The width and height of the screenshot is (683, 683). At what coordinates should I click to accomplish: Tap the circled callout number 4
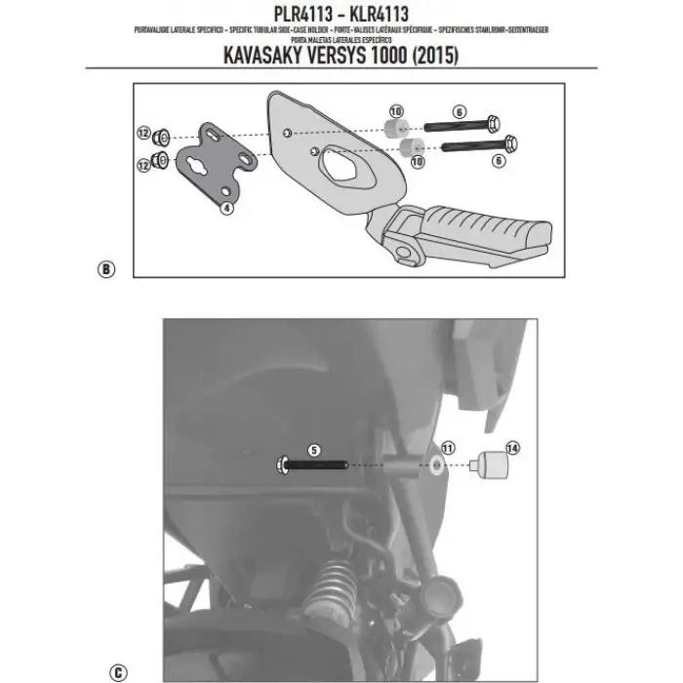(x=226, y=208)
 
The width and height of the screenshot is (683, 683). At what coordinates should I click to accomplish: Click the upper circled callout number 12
(x=142, y=134)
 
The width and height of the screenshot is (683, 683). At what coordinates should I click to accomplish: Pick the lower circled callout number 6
(x=498, y=162)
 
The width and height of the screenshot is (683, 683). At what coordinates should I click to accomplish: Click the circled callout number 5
(x=313, y=451)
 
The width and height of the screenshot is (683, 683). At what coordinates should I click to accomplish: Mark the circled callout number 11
(x=448, y=448)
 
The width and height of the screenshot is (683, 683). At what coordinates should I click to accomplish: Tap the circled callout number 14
(x=513, y=448)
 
